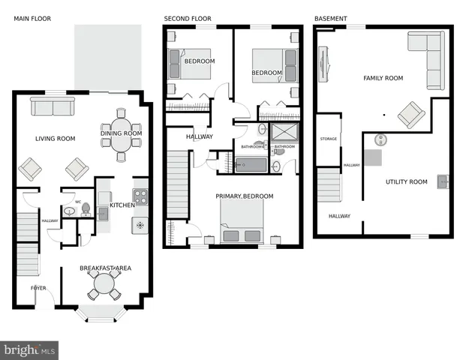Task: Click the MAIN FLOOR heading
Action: (x=32, y=18)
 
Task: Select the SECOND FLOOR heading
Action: (x=188, y=18)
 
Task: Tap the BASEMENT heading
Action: (x=330, y=18)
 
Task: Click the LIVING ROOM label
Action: (x=56, y=138)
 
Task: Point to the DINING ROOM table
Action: (x=121, y=135)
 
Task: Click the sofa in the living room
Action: (x=53, y=108)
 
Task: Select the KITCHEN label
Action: (x=122, y=205)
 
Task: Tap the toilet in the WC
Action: (x=86, y=208)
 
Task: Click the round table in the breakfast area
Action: (x=104, y=286)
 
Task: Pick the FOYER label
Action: (x=38, y=288)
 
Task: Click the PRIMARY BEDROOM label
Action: (x=245, y=196)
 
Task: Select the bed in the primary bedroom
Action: (x=242, y=223)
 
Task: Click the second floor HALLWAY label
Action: (x=199, y=137)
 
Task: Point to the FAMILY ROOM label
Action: (x=383, y=78)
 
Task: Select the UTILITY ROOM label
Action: (x=406, y=182)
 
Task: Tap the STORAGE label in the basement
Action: (x=329, y=139)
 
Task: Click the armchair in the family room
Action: (x=411, y=115)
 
